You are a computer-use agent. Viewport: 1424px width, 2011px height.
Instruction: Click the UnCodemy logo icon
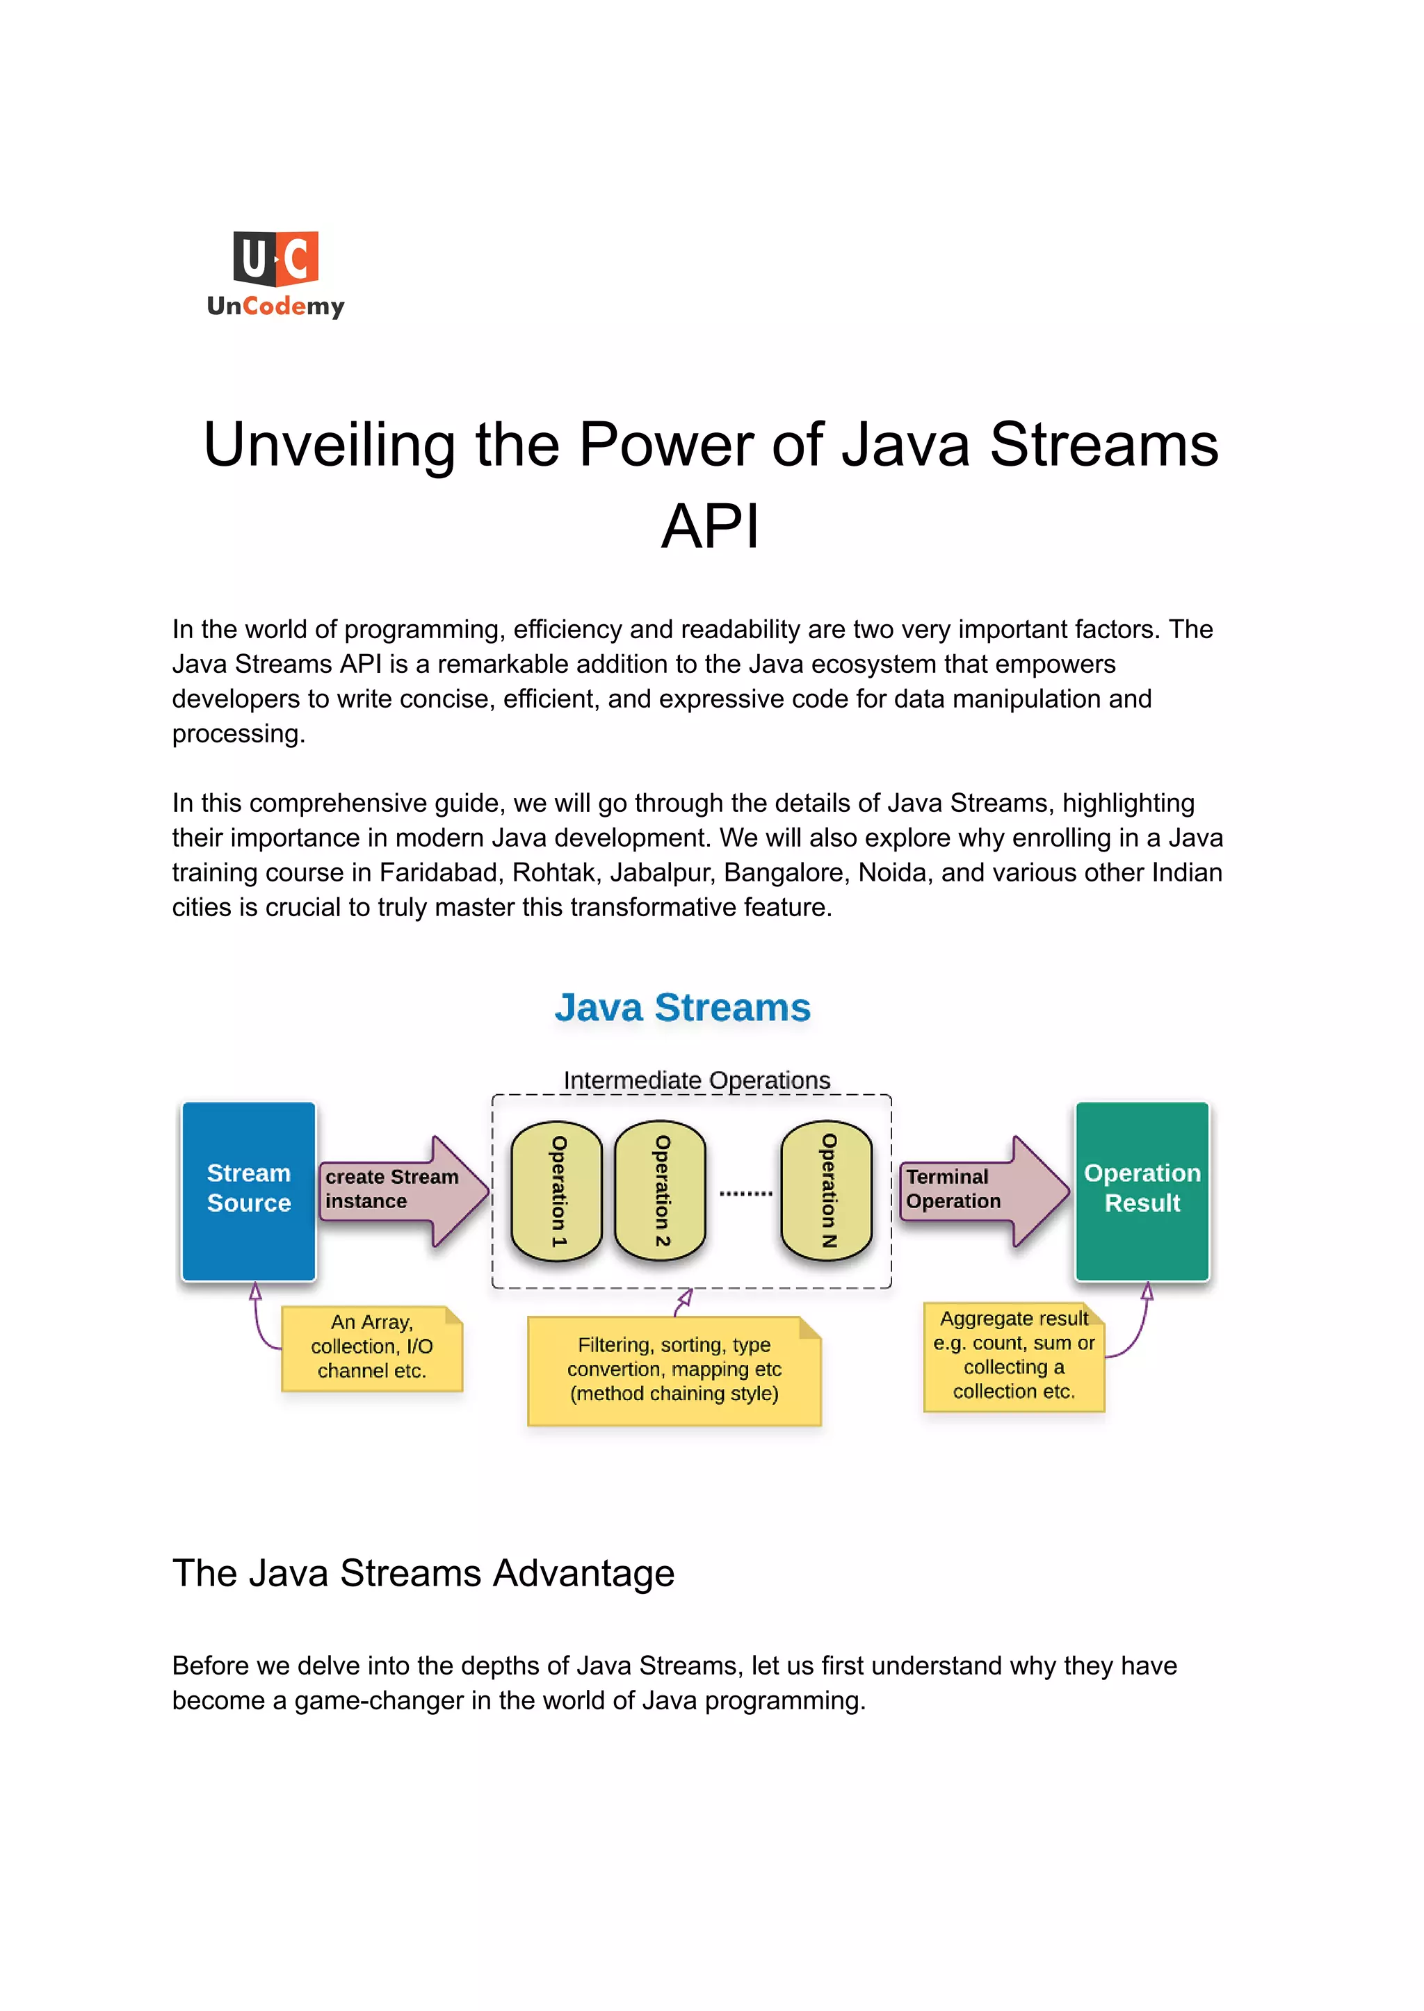(275, 259)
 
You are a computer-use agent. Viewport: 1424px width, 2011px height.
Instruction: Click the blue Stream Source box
(248, 1191)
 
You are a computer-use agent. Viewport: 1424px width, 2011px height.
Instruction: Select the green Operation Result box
(1142, 1191)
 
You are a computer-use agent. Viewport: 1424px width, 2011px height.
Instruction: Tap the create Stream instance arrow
(402, 1191)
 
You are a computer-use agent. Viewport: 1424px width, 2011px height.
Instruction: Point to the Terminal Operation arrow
(982, 1191)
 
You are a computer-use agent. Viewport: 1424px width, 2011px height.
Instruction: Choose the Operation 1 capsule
(557, 1191)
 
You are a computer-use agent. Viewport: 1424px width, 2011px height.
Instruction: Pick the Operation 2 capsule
(661, 1191)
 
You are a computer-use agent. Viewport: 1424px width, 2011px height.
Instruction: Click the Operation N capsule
(827, 1191)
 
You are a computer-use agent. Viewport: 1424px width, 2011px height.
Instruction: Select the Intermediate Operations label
(696, 1080)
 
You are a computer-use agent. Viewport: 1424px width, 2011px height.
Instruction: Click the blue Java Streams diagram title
(682, 1007)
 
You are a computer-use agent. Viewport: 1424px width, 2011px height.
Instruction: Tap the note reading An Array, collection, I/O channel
(372, 1347)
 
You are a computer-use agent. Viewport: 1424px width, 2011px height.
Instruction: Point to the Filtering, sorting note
(674, 1369)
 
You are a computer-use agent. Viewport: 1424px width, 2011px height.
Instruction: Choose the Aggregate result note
(1014, 1356)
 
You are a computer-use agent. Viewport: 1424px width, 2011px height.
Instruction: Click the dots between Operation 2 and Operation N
(745, 1193)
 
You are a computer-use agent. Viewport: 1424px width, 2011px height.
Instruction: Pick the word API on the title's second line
(710, 526)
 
